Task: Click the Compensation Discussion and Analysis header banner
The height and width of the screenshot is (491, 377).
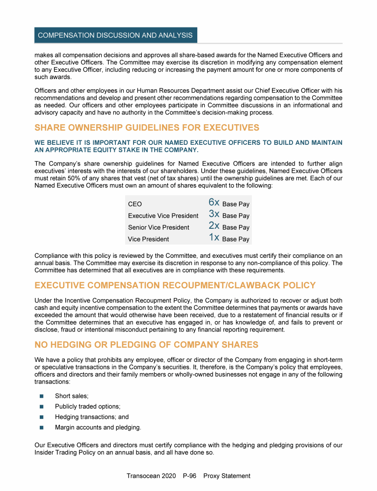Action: [115, 35]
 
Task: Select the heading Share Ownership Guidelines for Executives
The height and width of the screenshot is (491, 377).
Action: [147, 128]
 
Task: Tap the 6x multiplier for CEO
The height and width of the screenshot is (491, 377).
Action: [214, 202]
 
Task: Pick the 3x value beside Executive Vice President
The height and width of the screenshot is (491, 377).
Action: [214, 214]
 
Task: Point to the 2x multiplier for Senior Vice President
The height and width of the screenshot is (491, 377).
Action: [214, 226]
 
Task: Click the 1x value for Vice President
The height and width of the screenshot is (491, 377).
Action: [214, 238]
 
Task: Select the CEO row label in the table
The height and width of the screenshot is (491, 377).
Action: [135, 204]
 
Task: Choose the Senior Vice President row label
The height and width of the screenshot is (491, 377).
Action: [159, 228]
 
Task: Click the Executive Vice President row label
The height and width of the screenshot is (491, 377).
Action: [163, 216]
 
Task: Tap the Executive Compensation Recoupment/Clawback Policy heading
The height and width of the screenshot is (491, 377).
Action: [175, 285]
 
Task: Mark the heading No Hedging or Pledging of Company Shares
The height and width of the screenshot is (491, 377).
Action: [146, 344]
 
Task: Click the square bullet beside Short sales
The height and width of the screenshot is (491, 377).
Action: [41, 396]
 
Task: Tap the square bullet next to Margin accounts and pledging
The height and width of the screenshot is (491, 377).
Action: [41, 428]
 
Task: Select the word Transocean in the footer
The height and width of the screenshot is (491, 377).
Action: [144, 476]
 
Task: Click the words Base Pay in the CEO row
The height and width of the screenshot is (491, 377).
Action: [236, 204]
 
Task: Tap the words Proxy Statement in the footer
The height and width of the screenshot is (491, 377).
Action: [227, 476]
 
